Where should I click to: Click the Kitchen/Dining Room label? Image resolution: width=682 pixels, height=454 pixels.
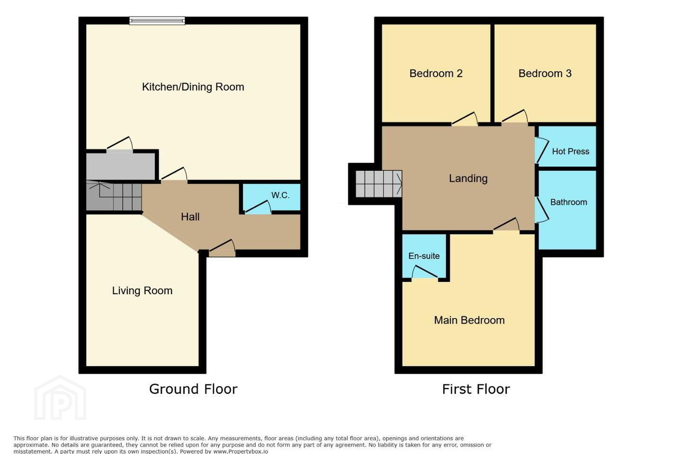click(x=193, y=87)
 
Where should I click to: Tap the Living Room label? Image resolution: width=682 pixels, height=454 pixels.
click(x=142, y=291)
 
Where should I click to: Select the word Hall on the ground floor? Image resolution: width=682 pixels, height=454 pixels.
click(x=190, y=217)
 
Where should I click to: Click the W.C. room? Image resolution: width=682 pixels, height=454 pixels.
click(x=271, y=197)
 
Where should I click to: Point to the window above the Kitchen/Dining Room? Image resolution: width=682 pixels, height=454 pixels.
click(x=157, y=20)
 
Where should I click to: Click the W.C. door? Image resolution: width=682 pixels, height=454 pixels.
click(x=258, y=208)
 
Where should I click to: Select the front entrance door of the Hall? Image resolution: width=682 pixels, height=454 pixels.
click(x=223, y=248)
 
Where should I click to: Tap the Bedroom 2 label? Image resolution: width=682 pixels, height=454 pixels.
click(x=436, y=73)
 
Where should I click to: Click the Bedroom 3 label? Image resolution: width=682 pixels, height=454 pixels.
click(x=545, y=73)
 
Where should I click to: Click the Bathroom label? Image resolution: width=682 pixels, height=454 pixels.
click(x=569, y=202)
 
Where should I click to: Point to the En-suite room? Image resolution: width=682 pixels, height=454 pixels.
click(x=424, y=256)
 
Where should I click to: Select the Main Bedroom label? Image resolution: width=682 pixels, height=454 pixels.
click(x=469, y=320)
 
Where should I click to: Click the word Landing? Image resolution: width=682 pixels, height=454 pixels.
click(x=468, y=178)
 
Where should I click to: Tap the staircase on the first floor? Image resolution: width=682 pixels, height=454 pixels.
click(x=379, y=183)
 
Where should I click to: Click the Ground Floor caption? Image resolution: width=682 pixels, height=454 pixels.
click(x=193, y=389)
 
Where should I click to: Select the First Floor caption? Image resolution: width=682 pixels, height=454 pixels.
click(x=476, y=389)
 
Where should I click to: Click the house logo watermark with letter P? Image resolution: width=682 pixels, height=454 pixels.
click(x=60, y=398)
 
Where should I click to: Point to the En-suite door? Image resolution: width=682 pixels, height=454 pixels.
click(x=425, y=272)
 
